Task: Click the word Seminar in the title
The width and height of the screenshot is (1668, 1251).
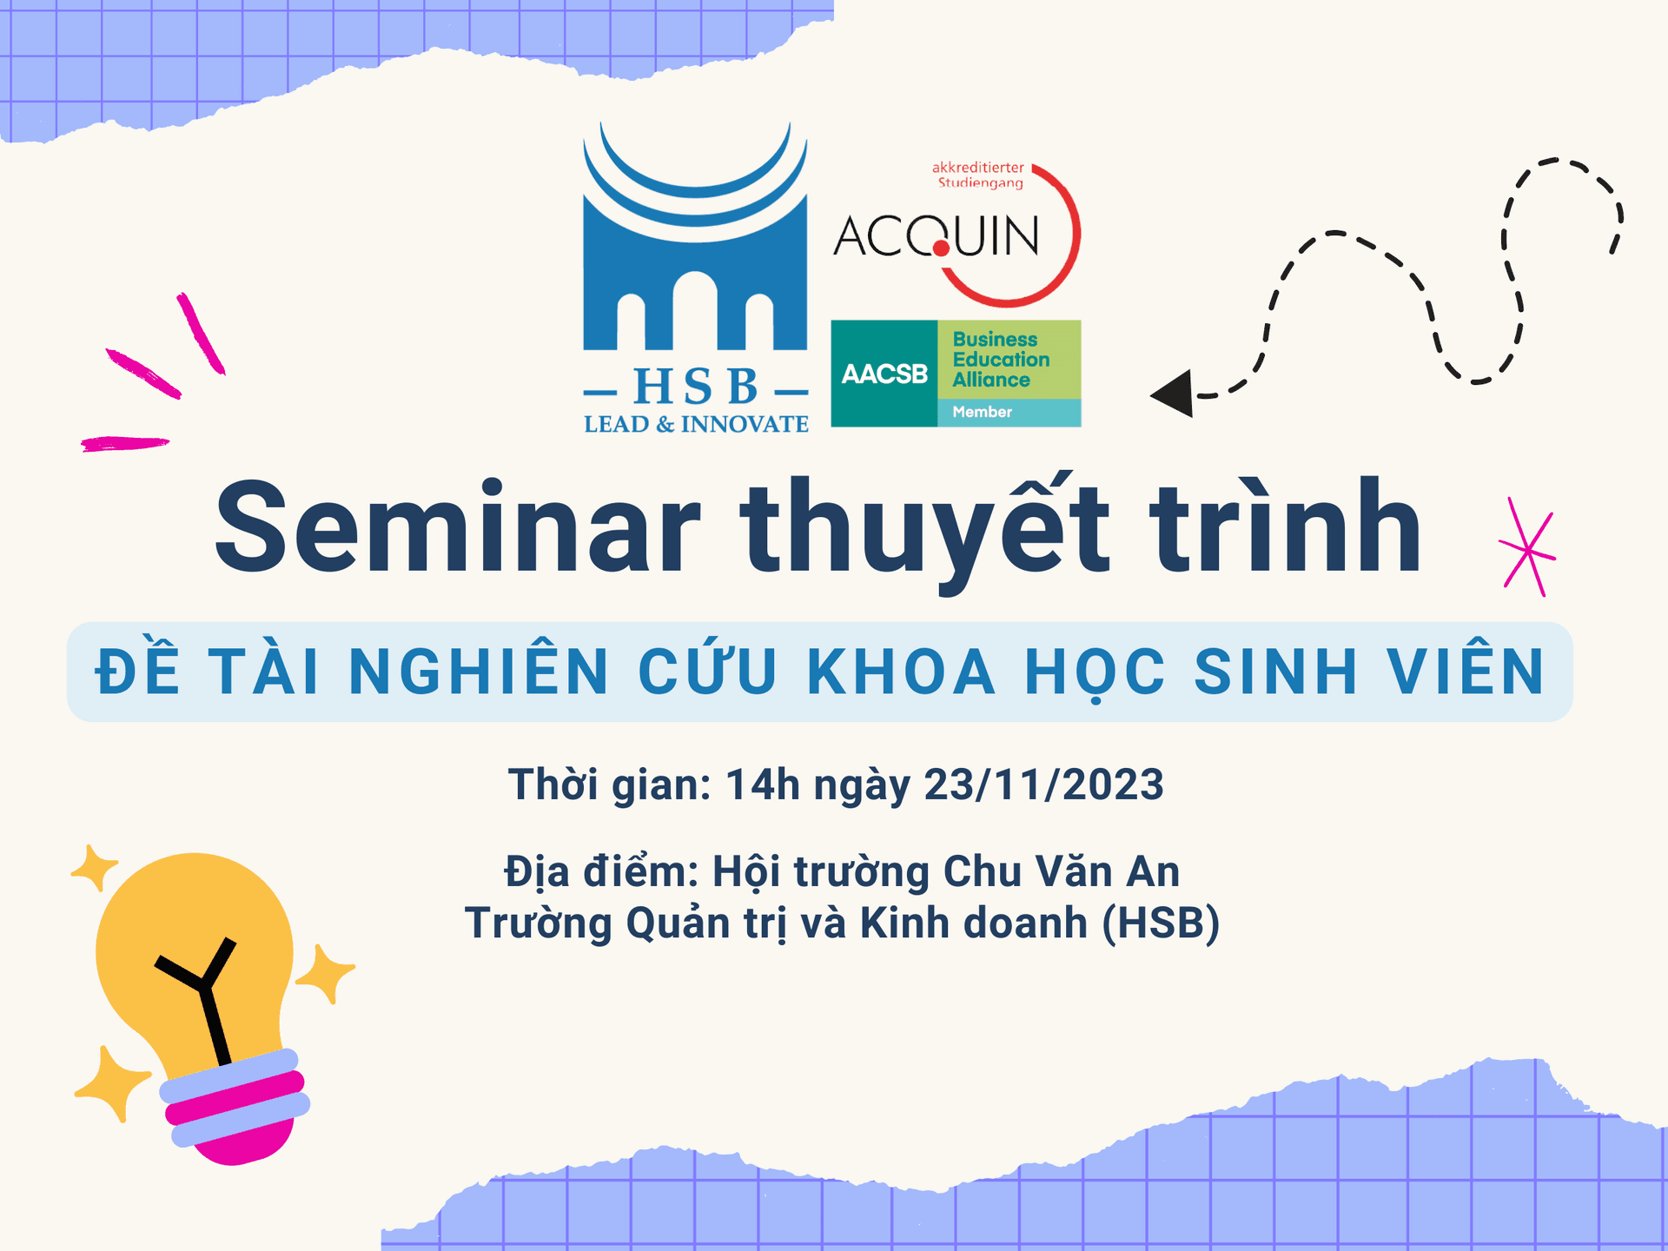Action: point(458,527)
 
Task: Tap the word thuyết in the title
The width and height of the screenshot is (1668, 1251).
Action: point(924,527)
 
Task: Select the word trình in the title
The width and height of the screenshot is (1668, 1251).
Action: point(1285,527)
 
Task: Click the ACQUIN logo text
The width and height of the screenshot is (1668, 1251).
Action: point(936,236)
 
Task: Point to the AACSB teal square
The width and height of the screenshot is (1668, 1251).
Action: point(884,374)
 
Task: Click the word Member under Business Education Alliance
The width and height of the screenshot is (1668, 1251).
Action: point(982,413)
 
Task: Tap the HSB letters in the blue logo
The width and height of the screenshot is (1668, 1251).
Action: point(696,387)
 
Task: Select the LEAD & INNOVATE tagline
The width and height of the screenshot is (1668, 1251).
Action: point(696,425)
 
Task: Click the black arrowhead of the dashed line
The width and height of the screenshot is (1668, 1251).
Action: point(1173,394)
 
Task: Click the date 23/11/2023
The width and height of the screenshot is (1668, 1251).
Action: point(1043,784)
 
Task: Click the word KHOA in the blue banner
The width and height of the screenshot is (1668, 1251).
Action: point(901,672)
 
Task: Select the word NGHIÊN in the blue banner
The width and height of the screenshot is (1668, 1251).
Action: point(480,672)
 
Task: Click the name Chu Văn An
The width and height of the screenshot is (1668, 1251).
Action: point(1062,872)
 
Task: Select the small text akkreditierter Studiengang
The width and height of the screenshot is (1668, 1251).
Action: point(979,175)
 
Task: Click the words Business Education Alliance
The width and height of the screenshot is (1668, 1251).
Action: point(1000,360)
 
